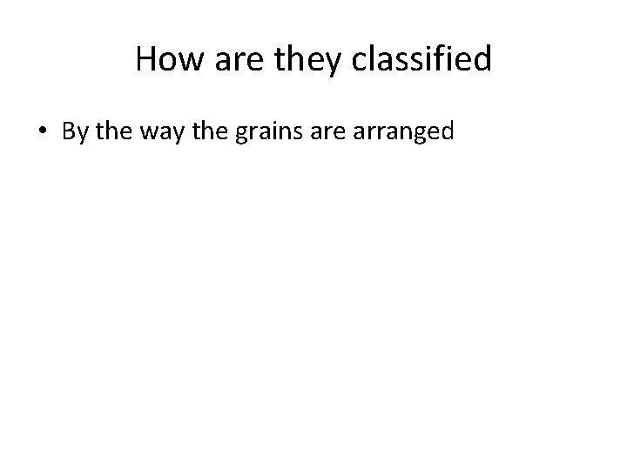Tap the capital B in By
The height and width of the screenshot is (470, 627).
point(67,131)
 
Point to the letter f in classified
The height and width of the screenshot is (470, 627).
point(448,59)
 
